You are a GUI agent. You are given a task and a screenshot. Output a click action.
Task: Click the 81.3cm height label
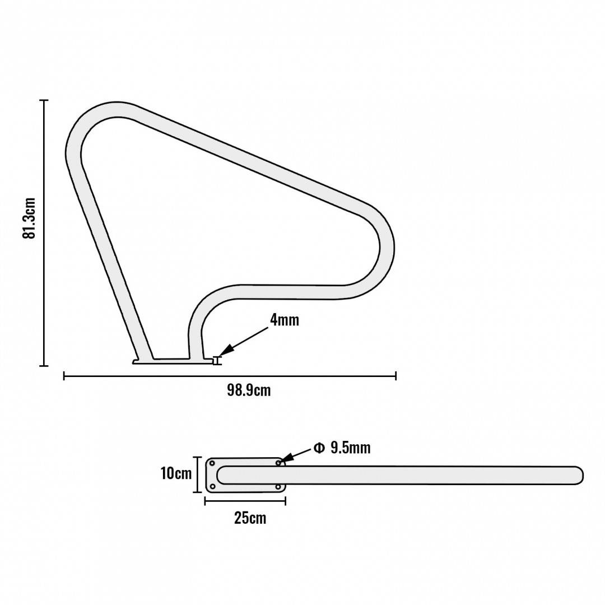pyautogui.click(x=29, y=218)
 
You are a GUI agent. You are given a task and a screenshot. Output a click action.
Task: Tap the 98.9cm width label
pyautogui.click(x=249, y=390)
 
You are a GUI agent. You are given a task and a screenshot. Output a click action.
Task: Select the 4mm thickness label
pyautogui.click(x=285, y=320)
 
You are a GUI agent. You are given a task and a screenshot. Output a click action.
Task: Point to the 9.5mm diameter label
pyautogui.click(x=350, y=448)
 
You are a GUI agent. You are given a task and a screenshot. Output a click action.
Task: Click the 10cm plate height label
pyautogui.click(x=176, y=473)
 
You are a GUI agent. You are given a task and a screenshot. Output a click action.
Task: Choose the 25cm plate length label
pyautogui.click(x=250, y=518)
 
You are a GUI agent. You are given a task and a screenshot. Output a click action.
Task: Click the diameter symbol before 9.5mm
pyautogui.click(x=319, y=448)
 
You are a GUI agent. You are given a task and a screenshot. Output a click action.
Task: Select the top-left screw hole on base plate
pyautogui.click(x=212, y=463)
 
